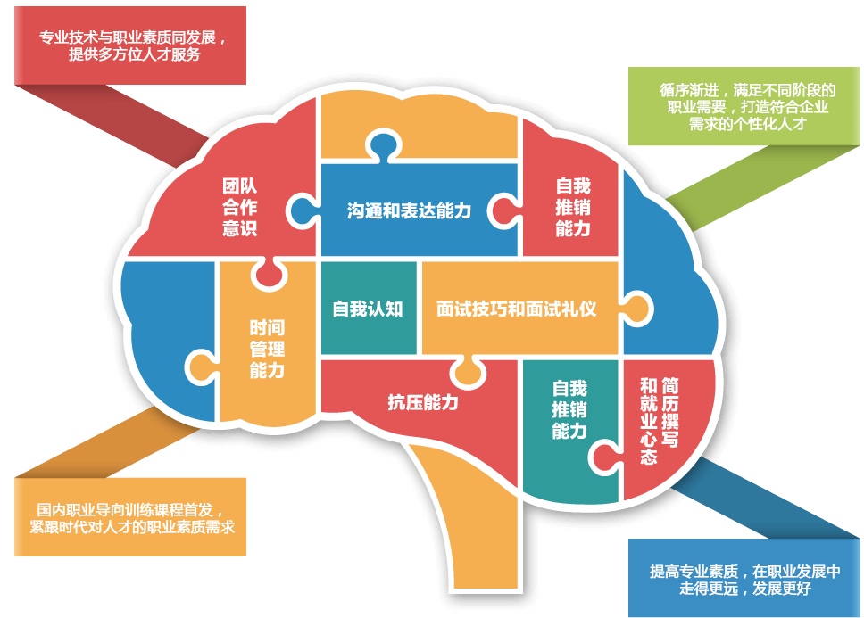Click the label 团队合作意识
[x=240, y=207]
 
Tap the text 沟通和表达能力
[x=409, y=210]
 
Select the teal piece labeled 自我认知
[x=368, y=309]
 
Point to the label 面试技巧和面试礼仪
[x=516, y=309]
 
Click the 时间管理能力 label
[x=267, y=349]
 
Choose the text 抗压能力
[x=423, y=402]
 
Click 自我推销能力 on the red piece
[x=573, y=207]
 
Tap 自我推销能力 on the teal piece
[x=569, y=409]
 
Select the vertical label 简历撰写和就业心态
[x=659, y=421]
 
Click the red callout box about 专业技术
[x=130, y=45]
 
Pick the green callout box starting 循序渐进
[x=744, y=106]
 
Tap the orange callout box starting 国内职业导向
[x=130, y=516]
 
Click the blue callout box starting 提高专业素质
[x=744, y=578]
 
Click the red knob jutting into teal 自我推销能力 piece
[x=605, y=457]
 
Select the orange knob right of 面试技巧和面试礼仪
[x=637, y=309]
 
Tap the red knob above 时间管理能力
[x=269, y=274]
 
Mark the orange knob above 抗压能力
[x=468, y=373]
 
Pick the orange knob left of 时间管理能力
[x=202, y=367]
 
